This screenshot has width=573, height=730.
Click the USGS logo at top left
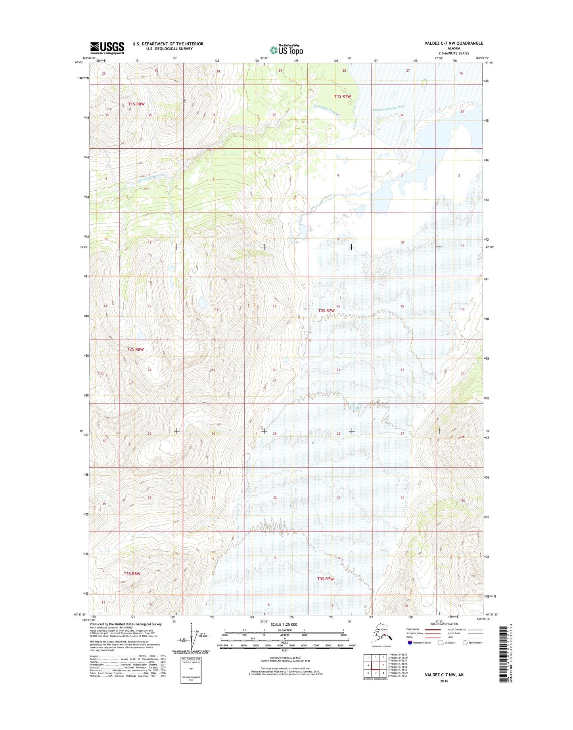tap(107, 48)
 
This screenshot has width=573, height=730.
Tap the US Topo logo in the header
tap(286, 50)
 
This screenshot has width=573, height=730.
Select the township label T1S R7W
tap(342, 96)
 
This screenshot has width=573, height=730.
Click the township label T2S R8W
tap(135, 349)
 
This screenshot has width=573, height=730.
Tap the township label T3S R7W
tap(325, 579)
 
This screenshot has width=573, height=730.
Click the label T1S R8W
tap(136, 104)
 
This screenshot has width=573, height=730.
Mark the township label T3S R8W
tap(132, 573)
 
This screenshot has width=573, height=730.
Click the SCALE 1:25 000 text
tap(284, 624)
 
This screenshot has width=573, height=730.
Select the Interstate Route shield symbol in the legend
tap(410, 642)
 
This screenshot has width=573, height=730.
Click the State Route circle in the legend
tap(465, 642)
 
